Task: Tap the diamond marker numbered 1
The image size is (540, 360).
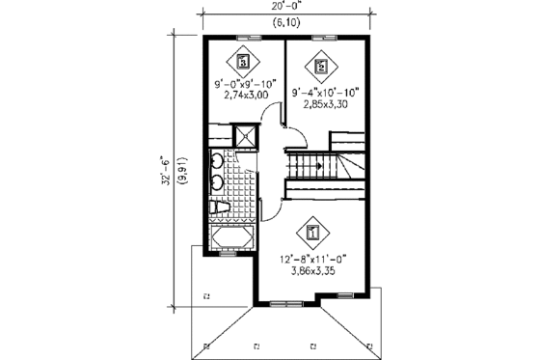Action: [311, 233]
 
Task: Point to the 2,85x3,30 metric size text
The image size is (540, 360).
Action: [326, 104]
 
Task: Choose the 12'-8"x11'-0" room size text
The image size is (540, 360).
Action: [313, 259]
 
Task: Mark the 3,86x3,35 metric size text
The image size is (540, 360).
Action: [313, 271]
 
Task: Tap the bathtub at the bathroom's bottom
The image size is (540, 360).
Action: [230, 236]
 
